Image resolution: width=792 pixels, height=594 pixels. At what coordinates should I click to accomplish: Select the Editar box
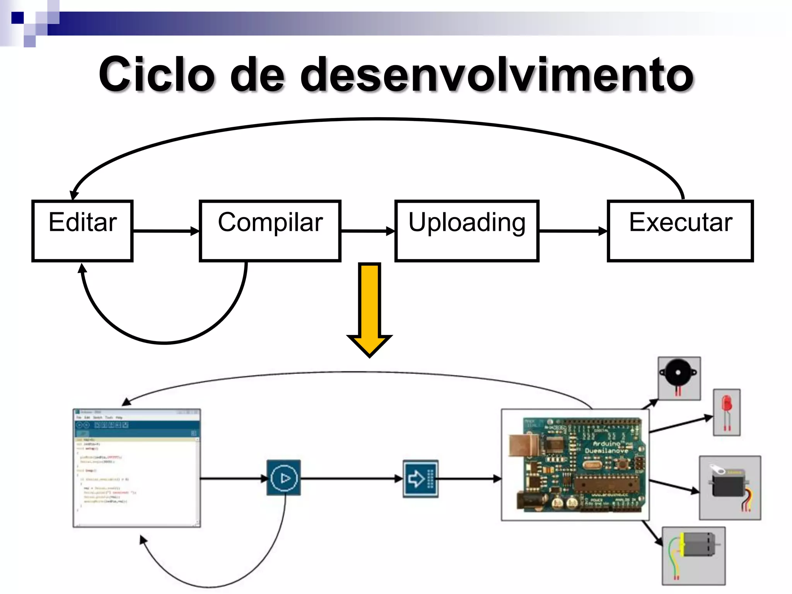[x=82, y=231]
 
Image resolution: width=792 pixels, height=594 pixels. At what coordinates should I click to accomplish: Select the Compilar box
[x=270, y=231]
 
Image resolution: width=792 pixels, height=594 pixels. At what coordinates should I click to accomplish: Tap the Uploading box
[x=467, y=231]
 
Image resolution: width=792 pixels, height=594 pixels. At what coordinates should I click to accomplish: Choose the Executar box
[x=680, y=231]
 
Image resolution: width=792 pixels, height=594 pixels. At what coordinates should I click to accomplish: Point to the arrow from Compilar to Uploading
[x=367, y=231]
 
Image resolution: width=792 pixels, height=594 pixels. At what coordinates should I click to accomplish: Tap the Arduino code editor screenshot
[x=137, y=468]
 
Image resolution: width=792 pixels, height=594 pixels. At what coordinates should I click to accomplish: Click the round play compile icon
[x=284, y=478]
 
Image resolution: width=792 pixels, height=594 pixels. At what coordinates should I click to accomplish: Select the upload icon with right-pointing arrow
[x=420, y=479]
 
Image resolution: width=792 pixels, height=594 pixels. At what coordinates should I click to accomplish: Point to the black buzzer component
[x=679, y=375]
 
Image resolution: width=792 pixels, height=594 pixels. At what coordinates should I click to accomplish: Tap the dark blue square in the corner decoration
[x=17, y=17]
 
